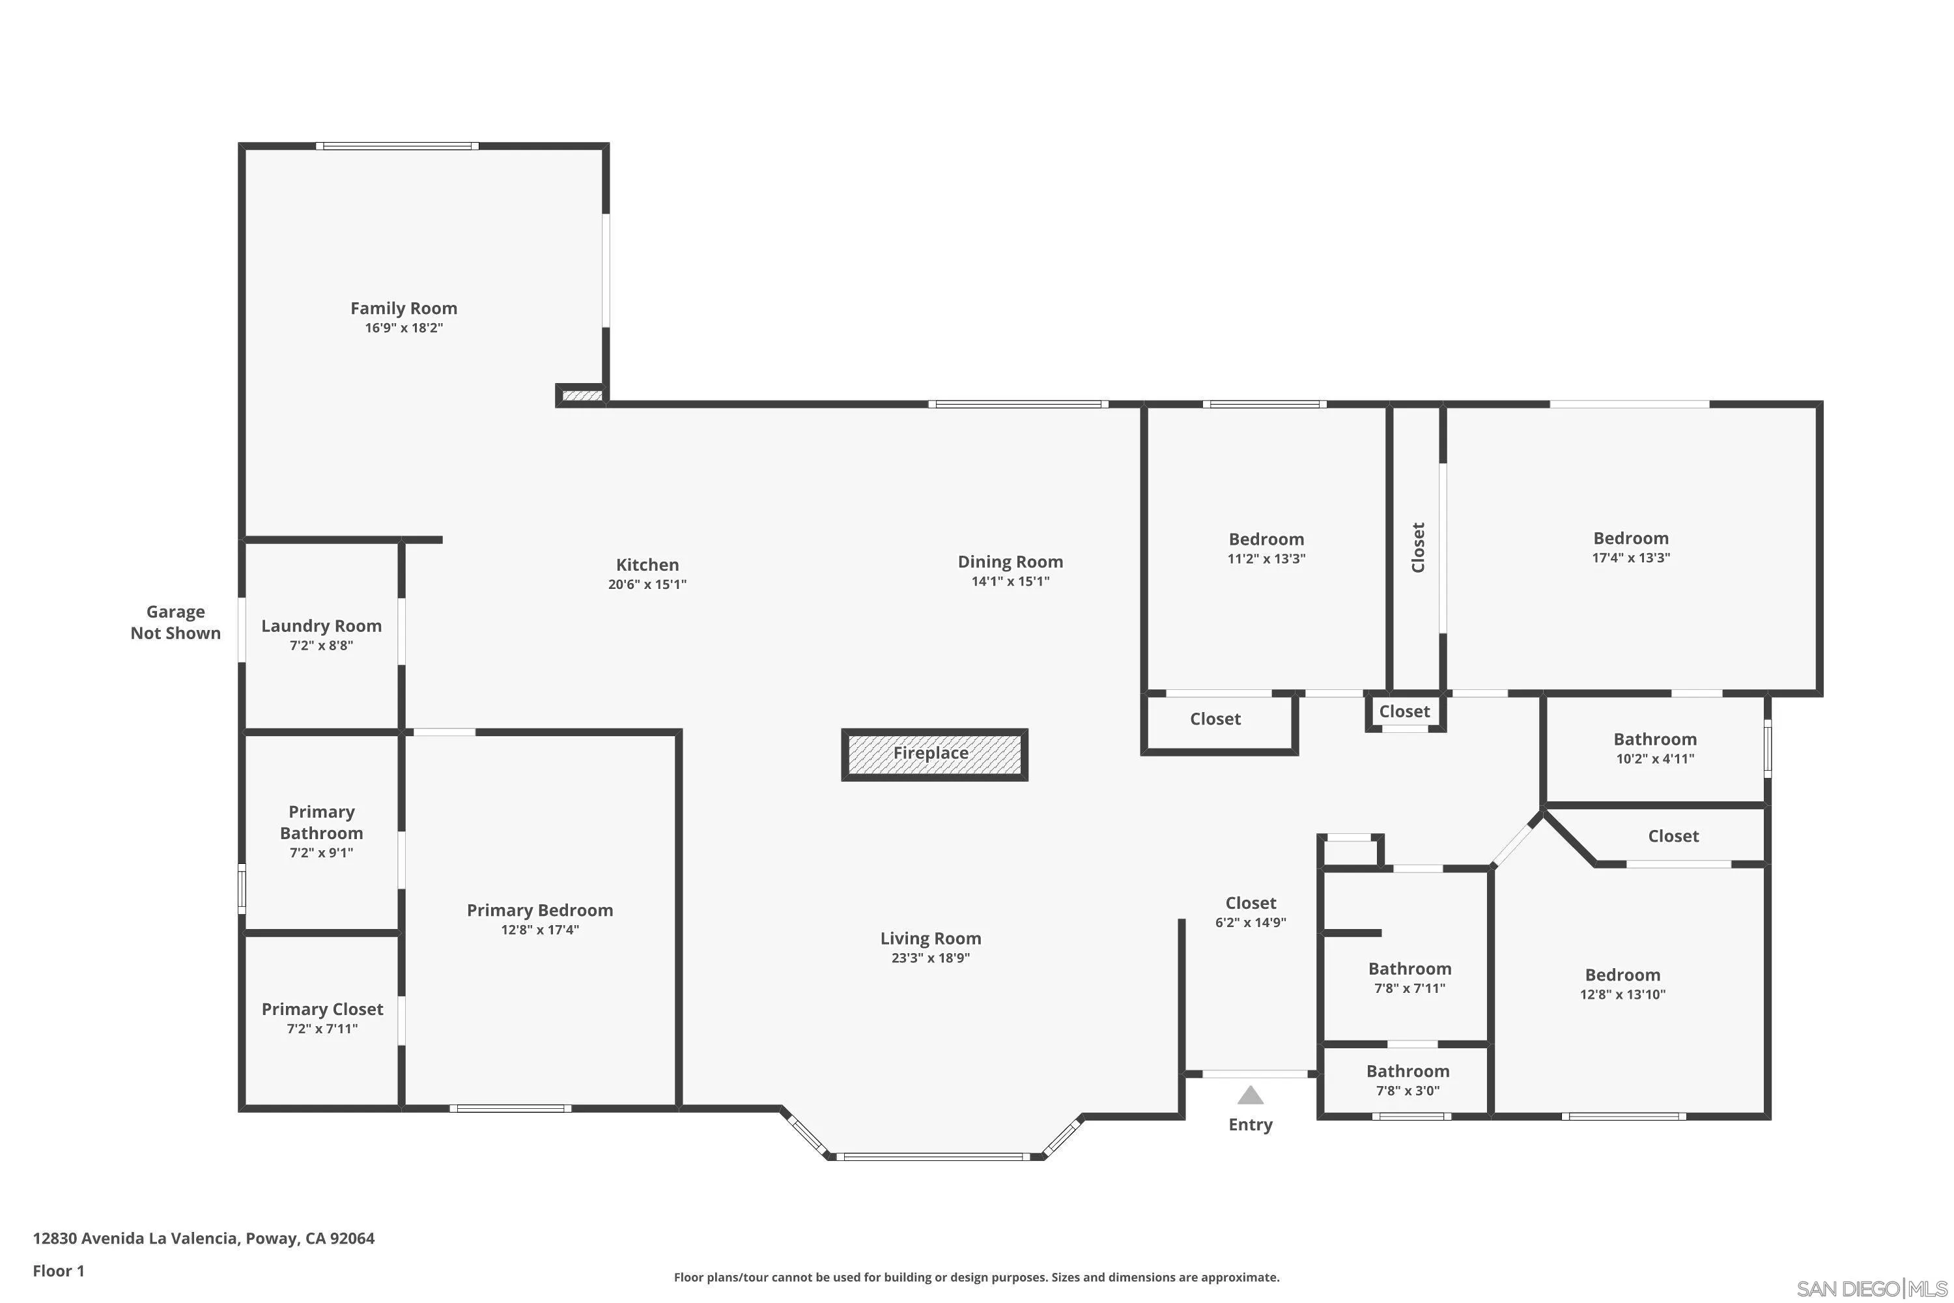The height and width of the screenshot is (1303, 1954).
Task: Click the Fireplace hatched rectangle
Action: (934, 754)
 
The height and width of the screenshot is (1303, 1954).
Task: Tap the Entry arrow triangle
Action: (1251, 1095)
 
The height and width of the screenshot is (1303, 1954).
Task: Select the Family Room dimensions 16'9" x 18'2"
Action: (404, 328)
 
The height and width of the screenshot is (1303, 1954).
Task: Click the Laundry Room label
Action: (322, 625)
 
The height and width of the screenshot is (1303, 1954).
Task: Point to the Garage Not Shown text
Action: (175, 622)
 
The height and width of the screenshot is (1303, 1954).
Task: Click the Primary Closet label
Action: (322, 1009)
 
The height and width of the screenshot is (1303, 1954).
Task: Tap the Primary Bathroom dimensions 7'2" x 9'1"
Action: (322, 853)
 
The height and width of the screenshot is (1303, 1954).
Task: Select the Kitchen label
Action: (647, 564)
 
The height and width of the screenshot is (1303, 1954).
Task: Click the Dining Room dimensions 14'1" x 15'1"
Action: (1010, 582)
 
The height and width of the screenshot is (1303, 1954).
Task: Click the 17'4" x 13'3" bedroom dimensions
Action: (1631, 558)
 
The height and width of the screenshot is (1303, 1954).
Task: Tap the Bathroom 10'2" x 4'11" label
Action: (1655, 739)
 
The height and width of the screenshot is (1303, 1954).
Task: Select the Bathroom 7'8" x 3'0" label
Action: (1408, 1071)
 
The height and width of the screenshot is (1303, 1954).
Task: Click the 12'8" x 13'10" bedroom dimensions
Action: (1622, 995)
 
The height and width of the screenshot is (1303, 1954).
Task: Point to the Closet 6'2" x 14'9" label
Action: (1251, 902)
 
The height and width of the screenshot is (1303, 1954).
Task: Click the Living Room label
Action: (931, 938)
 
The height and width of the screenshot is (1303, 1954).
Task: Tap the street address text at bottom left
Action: (203, 1239)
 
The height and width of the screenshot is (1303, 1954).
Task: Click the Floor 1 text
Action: (58, 1270)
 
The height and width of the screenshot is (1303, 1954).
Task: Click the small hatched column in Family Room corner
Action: (582, 395)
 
